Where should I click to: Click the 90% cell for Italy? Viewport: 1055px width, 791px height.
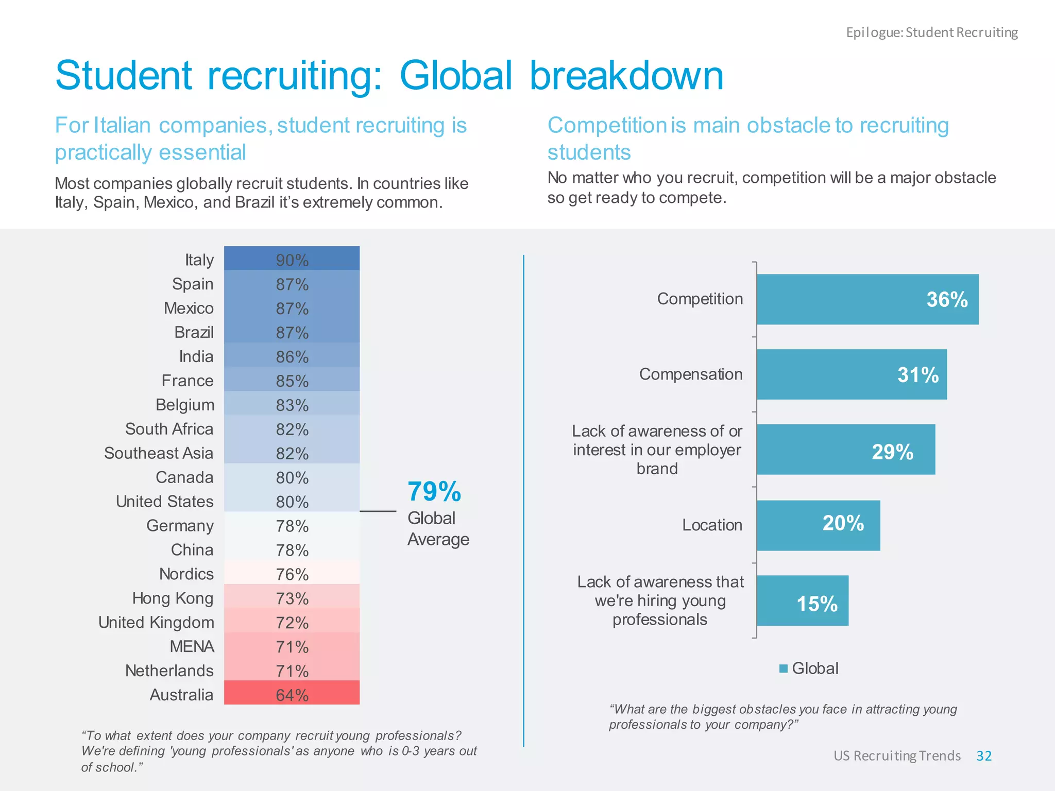[x=292, y=260]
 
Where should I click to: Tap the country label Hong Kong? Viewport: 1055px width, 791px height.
[x=173, y=598]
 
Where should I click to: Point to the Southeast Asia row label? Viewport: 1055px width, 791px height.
[x=159, y=453]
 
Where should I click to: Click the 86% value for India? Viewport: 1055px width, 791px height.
[x=292, y=356]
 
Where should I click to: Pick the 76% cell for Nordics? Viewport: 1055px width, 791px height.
[x=292, y=574]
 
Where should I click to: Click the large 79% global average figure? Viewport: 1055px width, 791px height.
[x=434, y=491]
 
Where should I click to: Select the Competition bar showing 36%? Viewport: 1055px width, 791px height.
[x=867, y=299]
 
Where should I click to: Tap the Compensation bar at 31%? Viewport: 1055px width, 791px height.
[x=851, y=374]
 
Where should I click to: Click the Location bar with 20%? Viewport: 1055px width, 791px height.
[x=818, y=525]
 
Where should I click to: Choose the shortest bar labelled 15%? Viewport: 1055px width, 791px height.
[x=802, y=600]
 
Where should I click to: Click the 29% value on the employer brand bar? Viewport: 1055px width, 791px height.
[x=892, y=452]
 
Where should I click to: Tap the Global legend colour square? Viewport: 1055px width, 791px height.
[x=784, y=668]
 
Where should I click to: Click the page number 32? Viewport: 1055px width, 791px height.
[x=984, y=755]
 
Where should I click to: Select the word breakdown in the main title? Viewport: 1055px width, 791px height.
[x=626, y=76]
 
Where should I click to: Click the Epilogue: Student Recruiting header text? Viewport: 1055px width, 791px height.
[x=932, y=32]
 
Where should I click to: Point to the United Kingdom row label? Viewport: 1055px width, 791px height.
[x=156, y=622]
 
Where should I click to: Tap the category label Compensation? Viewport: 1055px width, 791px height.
[x=691, y=374]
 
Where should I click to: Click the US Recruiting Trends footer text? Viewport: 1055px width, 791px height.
[x=897, y=755]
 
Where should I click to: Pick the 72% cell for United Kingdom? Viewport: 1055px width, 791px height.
[x=292, y=622]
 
